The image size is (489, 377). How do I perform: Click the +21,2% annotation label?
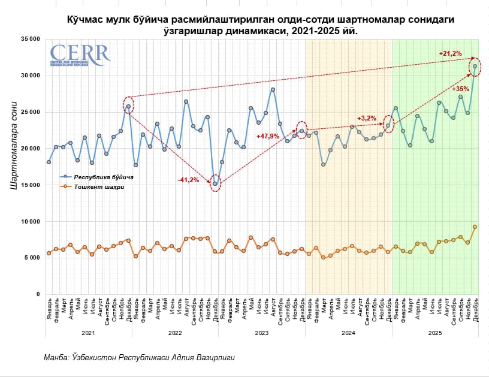click(x=450, y=54)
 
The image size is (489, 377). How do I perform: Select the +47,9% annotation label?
click(x=268, y=136)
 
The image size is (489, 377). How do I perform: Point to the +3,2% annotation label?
click(x=366, y=118)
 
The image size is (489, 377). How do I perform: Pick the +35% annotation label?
click(x=460, y=89)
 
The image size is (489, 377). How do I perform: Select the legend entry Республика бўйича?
click(x=103, y=177)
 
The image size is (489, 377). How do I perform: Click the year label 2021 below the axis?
click(x=88, y=332)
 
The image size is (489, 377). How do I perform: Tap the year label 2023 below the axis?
click(x=261, y=332)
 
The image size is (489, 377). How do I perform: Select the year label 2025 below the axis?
click(x=434, y=332)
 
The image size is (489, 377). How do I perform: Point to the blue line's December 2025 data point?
click(x=475, y=67)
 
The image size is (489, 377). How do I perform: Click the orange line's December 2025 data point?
click(x=475, y=227)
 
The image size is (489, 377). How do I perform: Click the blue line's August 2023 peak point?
click(x=273, y=90)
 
